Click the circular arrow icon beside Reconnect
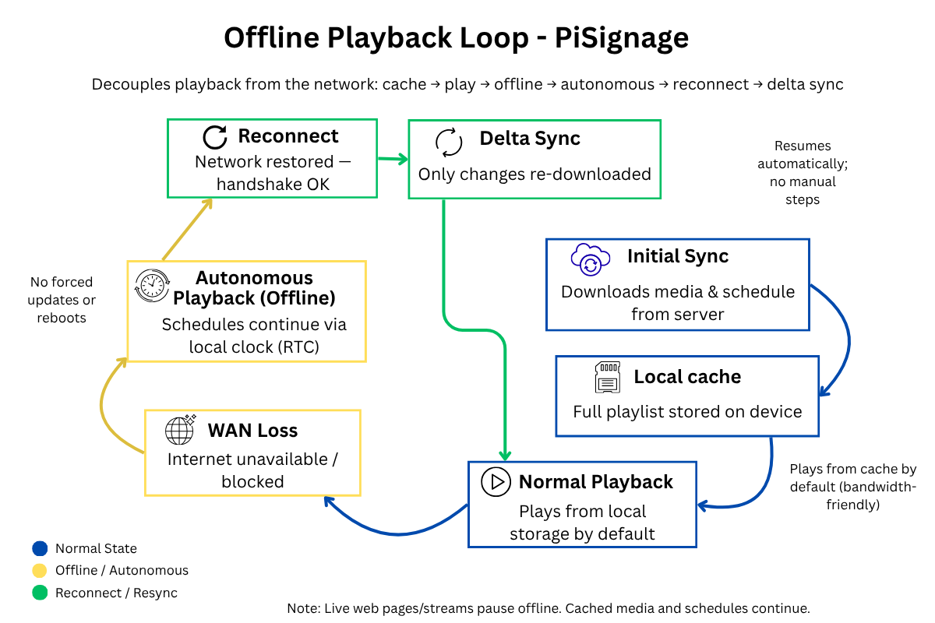tap(215, 137)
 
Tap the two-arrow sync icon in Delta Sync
tap(449, 143)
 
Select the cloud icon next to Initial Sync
tap(591, 259)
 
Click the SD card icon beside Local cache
tap(607, 377)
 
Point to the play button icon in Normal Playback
tap(496, 481)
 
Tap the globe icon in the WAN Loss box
tap(180, 430)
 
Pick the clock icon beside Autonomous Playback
tap(152, 286)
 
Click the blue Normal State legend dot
tap(40, 548)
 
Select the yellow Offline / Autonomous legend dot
tap(40, 570)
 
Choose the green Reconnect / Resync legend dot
tap(40, 593)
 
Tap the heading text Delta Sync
tap(530, 139)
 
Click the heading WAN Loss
tap(253, 431)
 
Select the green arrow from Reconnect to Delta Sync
tap(393, 159)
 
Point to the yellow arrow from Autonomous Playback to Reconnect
tap(187, 230)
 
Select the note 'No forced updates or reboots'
tap(62, 300)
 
